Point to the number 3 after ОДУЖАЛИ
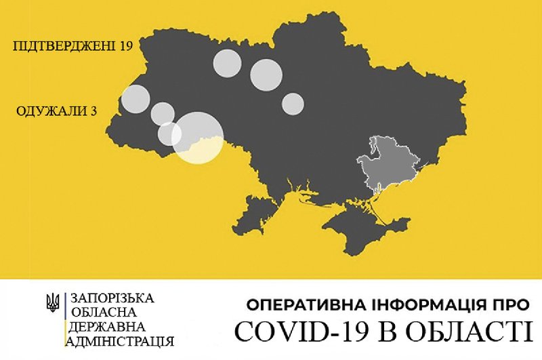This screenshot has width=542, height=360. click(x=91, y=111)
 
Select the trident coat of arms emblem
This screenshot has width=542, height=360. click(x=51, y=302)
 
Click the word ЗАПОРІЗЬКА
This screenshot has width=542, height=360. click(x=112, y=298)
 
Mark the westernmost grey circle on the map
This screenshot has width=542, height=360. click(x=135, y=99)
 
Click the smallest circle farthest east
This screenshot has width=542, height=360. click(x=293, y=103)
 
